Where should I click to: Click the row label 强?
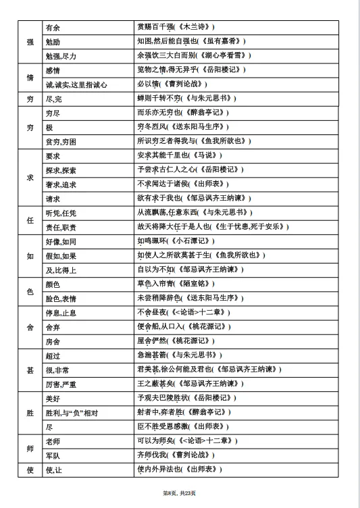tap(30, 41)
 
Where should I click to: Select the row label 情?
tap(30, 77)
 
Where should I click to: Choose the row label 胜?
tap(30, 412)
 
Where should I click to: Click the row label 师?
tap(30, 448)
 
